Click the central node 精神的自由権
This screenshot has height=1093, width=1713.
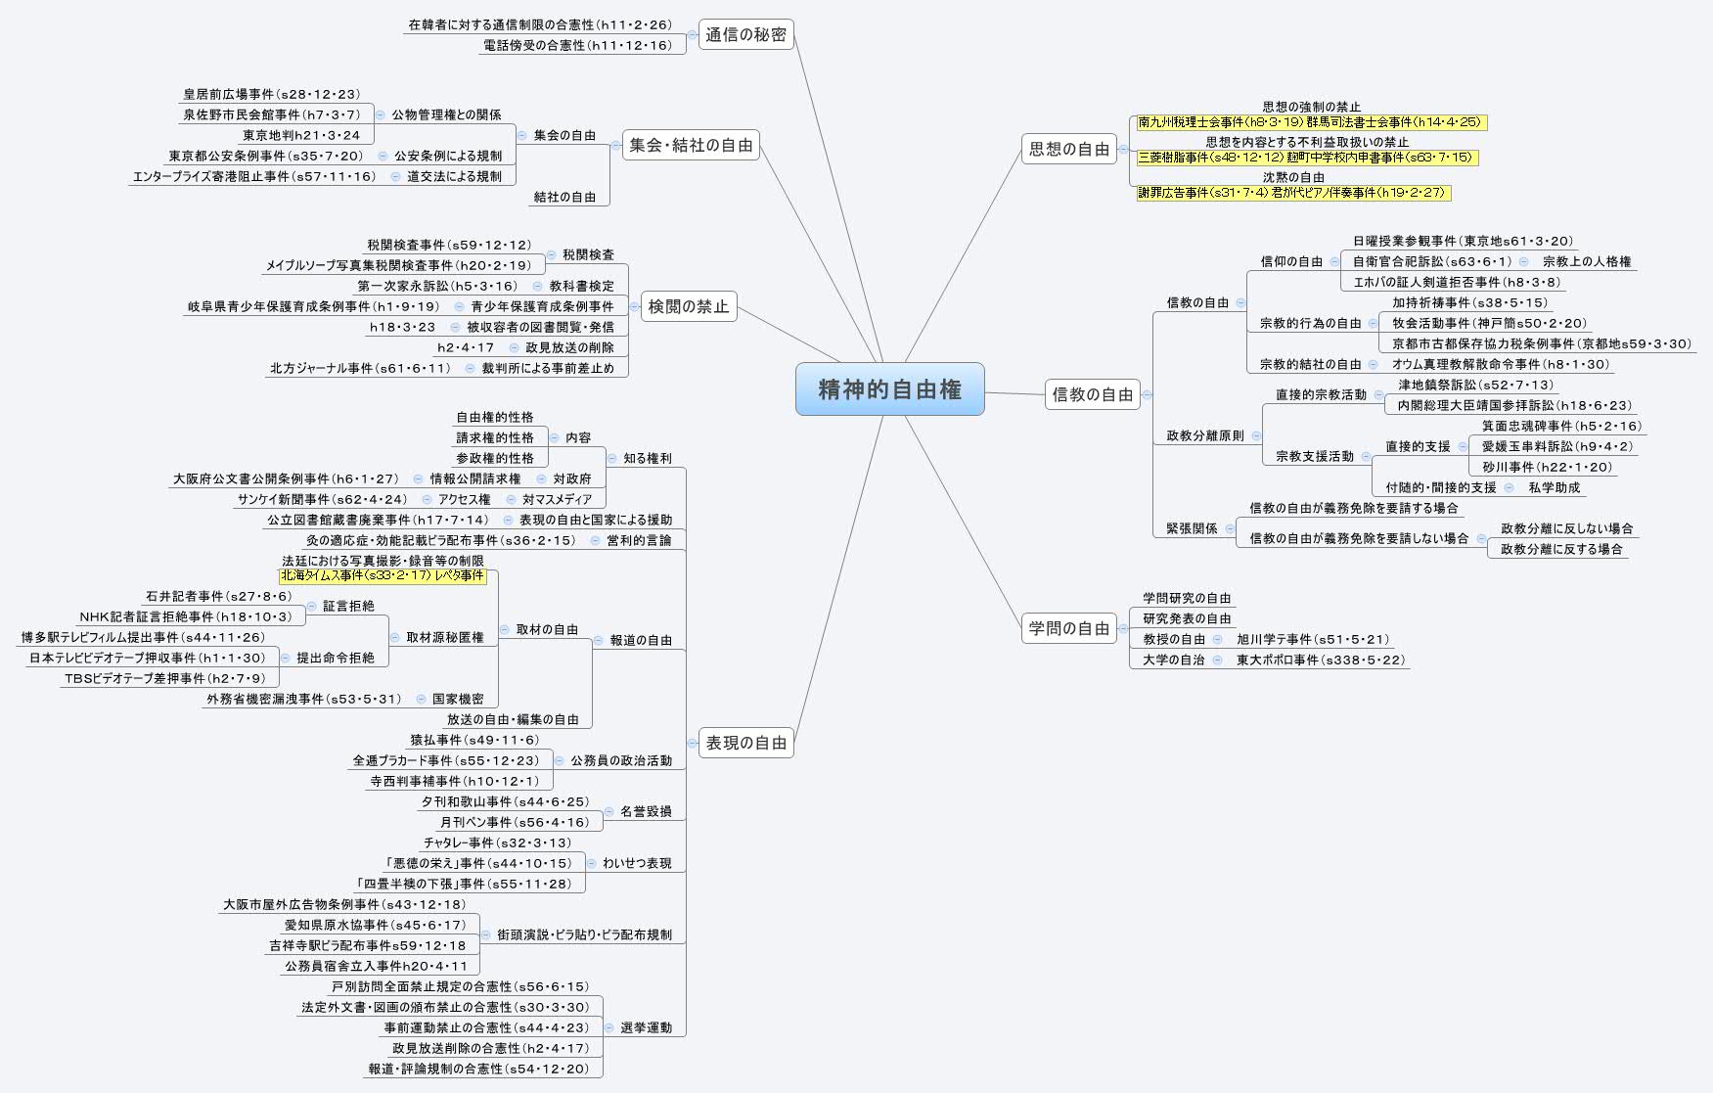889,389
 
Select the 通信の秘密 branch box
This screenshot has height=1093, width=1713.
745,35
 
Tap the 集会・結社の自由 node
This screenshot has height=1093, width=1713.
691,145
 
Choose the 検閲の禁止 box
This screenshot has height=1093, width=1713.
689,306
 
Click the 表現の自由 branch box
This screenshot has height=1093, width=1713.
745,743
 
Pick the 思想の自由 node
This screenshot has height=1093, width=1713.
1069,149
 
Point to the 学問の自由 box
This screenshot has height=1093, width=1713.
1069,628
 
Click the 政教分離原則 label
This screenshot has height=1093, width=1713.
1204,435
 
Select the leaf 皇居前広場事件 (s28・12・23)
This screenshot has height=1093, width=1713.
272,95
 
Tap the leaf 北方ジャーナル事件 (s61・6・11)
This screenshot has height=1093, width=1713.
360,369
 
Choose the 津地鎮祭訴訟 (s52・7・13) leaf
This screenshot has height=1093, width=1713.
1475,385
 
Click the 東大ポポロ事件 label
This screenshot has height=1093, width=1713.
1321,660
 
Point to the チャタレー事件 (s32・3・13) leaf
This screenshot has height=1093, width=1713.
497,843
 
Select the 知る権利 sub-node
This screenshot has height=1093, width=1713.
647,458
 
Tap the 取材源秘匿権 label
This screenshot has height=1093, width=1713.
445,637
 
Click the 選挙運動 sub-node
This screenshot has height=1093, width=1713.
647,1027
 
